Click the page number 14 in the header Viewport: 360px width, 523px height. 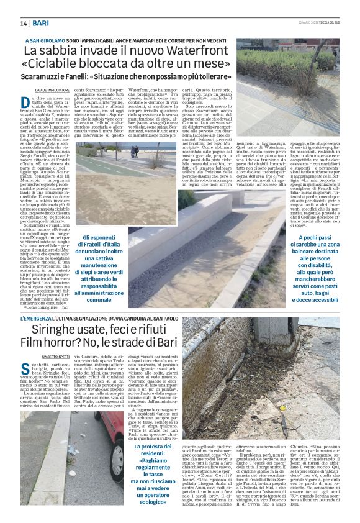click(x=24, y=24)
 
